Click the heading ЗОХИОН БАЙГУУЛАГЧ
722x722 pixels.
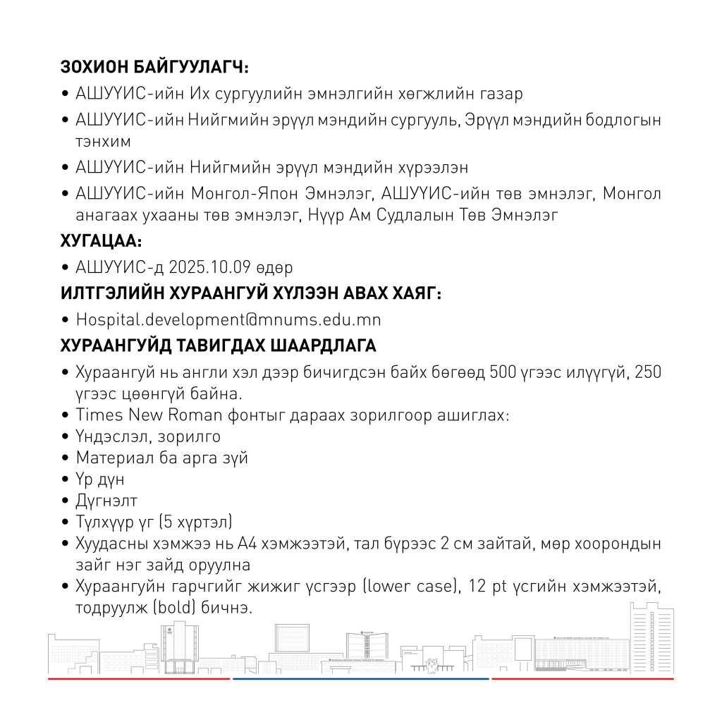[x=155, y=68]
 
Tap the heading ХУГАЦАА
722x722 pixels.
[x=102, y=242]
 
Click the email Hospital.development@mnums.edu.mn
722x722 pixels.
[x=228, y=319]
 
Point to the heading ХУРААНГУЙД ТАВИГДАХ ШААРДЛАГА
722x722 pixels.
[x=219, y=346]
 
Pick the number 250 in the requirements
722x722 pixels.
[x=647, y=372]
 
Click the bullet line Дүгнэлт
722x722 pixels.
[x=106, y=501]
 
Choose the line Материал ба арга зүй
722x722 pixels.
[x=161, y=458]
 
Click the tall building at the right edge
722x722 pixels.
[x=651, y=638]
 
